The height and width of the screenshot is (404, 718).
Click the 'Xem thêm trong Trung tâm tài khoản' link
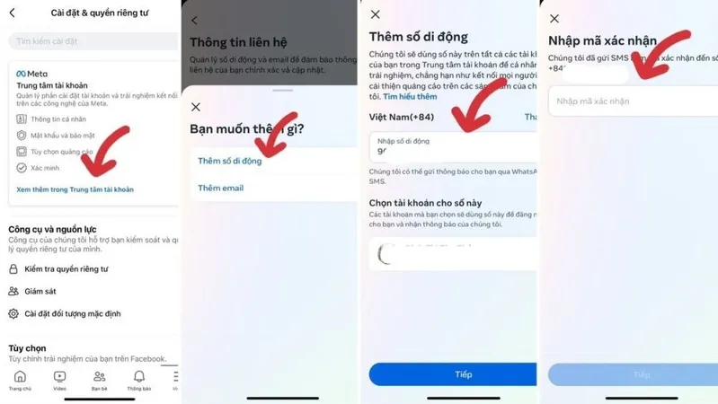[75, 189]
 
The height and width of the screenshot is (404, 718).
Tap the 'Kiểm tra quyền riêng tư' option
[66, 268]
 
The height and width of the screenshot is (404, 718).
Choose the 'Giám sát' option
[40, 291]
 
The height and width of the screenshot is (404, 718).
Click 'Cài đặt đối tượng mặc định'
[72, 313]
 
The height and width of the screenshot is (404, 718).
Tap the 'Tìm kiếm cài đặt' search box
[90, 41]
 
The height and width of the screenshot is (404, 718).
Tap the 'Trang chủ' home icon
[20, 378]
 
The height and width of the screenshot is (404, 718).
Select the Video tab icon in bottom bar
[59, 378]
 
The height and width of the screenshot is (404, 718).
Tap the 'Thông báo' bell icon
[139, 378]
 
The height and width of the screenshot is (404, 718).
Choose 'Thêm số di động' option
[230, 161]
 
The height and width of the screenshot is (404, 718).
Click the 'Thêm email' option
[220, 188]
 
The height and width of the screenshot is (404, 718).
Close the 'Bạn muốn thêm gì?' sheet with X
[196, 107]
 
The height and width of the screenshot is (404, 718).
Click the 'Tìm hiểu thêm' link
[410, 96]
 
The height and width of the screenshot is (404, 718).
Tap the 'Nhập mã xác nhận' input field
[629, 101]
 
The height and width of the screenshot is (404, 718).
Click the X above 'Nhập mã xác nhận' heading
[554, 19]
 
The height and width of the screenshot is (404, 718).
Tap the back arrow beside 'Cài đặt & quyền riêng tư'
[13, 13]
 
